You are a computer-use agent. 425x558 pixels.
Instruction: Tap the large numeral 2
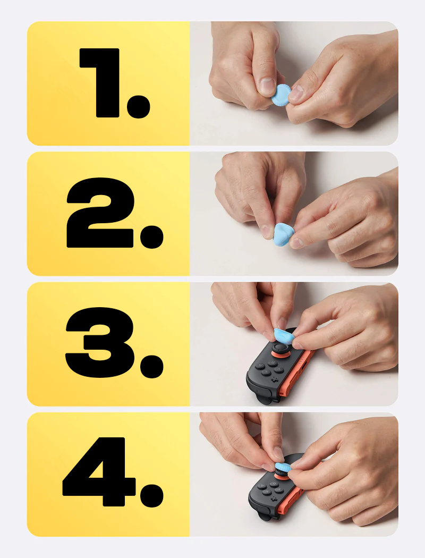[x=100, y=213]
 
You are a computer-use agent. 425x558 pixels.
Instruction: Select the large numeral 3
[x=100, y=342]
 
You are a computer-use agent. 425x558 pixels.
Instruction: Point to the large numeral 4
[x=99, y=471]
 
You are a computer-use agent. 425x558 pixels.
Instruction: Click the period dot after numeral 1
[x=138, y=106]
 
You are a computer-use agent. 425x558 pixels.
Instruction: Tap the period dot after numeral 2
[x=152, y=236]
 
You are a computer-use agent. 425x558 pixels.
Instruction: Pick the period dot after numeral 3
[x=152, y=367]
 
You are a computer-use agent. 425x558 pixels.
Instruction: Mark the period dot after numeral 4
[x=152, y=496]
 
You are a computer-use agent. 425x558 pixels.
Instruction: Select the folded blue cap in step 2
[x=283, y=234]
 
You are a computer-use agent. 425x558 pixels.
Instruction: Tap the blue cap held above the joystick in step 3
[x=283, y=336]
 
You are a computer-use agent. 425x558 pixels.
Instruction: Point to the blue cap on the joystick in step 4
[x=283, y=467]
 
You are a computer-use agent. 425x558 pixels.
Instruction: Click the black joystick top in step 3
[x=280, y=348]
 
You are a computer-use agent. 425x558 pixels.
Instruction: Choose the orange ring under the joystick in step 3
[x=281, y=356]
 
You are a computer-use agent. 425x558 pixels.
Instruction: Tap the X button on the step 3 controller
[x=266, y=372]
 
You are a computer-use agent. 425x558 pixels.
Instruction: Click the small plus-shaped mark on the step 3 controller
[x=275, y=380]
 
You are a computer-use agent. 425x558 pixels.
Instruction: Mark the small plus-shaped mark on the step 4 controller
[x=274, y=500]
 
